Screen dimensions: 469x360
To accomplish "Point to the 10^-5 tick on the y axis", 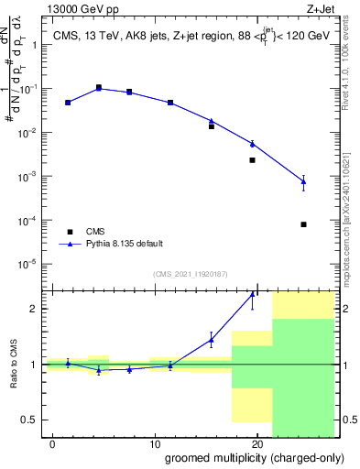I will [x=34, y=264].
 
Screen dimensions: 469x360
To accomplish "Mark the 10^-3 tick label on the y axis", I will [x=34, y=176].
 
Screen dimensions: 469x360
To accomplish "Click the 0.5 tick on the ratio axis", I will [x=35, y=420].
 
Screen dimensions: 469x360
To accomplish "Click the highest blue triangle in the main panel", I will [x=99, y=89].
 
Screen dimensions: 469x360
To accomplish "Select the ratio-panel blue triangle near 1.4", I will [x=212, y=340].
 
